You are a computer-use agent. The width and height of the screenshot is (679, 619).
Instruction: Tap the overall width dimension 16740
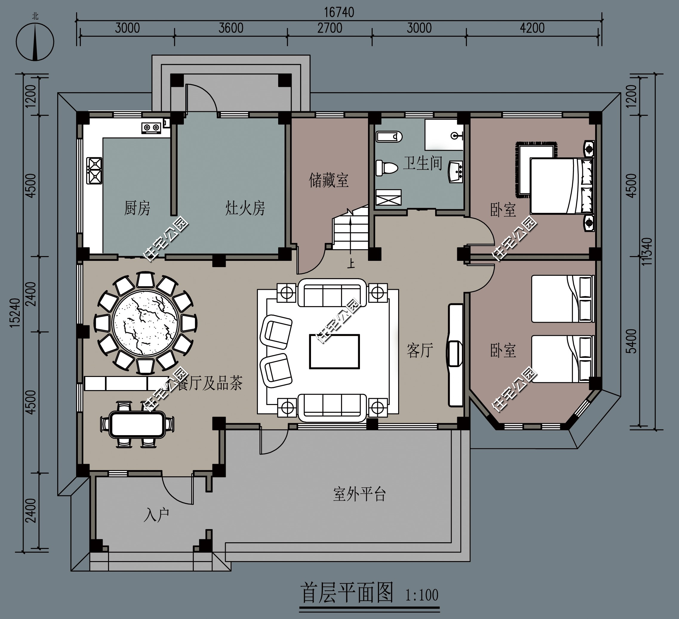tap(339, 13)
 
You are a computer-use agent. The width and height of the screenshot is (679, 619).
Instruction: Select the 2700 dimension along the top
tap(330, 28)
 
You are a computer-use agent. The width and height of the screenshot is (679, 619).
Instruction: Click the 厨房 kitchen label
tap(137, 208)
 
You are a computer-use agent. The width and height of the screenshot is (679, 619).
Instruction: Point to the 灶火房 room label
tap(245, 208)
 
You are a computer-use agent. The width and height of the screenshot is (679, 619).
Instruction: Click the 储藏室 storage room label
tap(328, 180)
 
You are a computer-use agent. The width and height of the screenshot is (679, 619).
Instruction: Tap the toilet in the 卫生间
tap(387, 168)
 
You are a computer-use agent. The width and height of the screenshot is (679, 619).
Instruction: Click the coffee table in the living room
tap(335, 351)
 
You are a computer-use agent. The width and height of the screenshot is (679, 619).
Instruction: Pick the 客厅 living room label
tap(420, 351)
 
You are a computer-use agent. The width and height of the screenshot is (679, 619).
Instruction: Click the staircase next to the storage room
tap(350, 229)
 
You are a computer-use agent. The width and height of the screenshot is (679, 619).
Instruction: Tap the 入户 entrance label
tap(156, 515)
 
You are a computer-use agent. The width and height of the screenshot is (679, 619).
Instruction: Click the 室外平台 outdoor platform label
tap(359, 494)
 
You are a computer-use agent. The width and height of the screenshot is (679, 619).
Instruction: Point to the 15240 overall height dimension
tap(15, 312)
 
